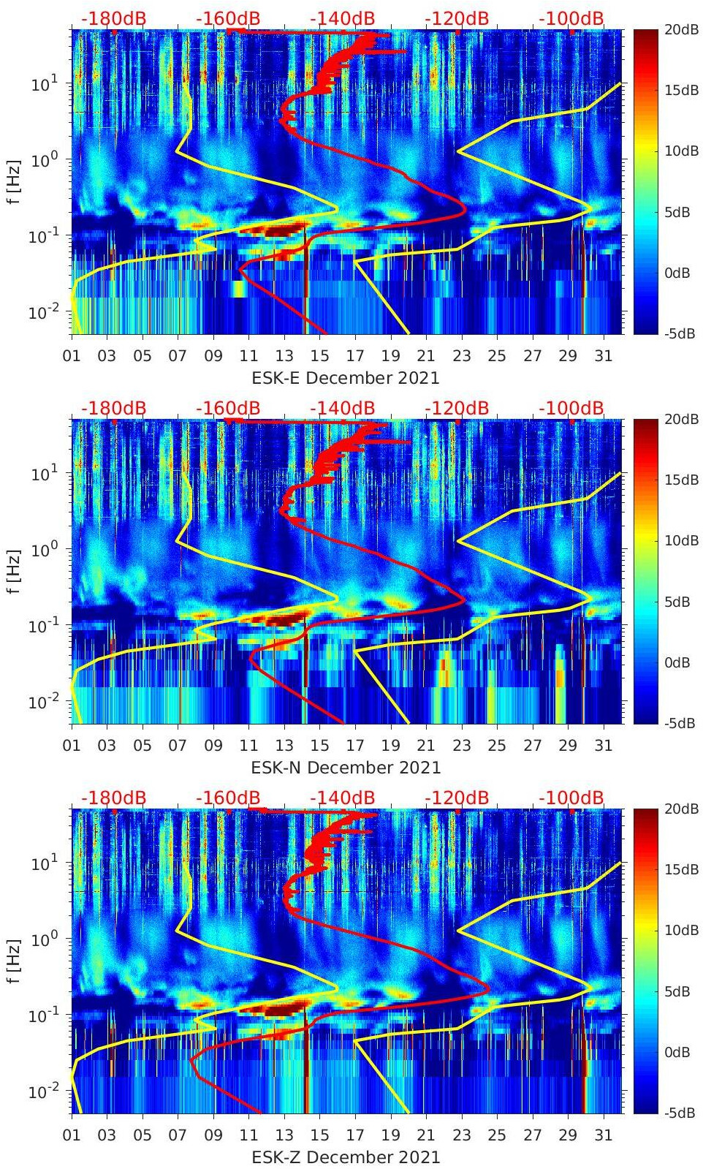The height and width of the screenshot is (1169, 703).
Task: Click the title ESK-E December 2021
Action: point(346,378)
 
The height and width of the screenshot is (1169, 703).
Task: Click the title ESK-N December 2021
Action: point(346,768)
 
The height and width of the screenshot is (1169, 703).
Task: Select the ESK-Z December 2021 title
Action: point(346,1157)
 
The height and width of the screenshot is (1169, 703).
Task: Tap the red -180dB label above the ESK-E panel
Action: point(113,18)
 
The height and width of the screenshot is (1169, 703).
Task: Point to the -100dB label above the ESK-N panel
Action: point(571,408)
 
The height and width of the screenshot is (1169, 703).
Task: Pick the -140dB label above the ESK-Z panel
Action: point(342,798)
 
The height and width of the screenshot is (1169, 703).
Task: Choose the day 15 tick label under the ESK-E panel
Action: point(319,356)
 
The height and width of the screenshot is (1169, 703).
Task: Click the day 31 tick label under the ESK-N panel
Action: point(603,746)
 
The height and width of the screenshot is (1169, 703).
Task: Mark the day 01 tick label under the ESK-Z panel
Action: point(72,1135)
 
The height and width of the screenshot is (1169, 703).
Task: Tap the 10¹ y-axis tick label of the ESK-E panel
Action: point(41,84)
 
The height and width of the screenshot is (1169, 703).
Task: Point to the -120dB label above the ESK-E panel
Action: point(457,18)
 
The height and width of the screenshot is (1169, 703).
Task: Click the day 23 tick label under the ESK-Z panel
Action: point(461,1135)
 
